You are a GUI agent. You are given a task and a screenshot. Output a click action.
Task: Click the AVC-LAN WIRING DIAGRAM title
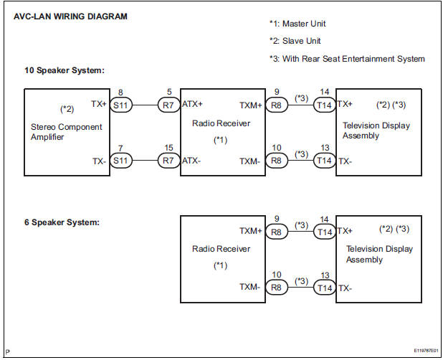click(x=70, y=16)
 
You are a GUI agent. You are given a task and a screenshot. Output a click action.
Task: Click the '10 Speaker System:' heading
click(x=65, y=70)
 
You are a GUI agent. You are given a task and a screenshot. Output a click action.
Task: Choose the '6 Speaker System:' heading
click(x=62, y=222)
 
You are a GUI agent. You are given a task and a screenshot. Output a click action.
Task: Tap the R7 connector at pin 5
click(x=168, y=105)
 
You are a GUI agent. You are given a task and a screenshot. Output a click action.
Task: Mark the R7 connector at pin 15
click(x=168, y=161)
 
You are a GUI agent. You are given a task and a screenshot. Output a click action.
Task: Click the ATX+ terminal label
click(x=193, y=105)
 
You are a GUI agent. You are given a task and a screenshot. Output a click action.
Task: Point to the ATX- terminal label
click(x=191, y=161)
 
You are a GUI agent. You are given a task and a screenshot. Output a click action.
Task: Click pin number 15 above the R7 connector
click(x=168, y=148)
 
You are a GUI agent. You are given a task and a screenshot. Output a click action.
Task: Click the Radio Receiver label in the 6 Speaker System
click(x=221, y=249)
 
